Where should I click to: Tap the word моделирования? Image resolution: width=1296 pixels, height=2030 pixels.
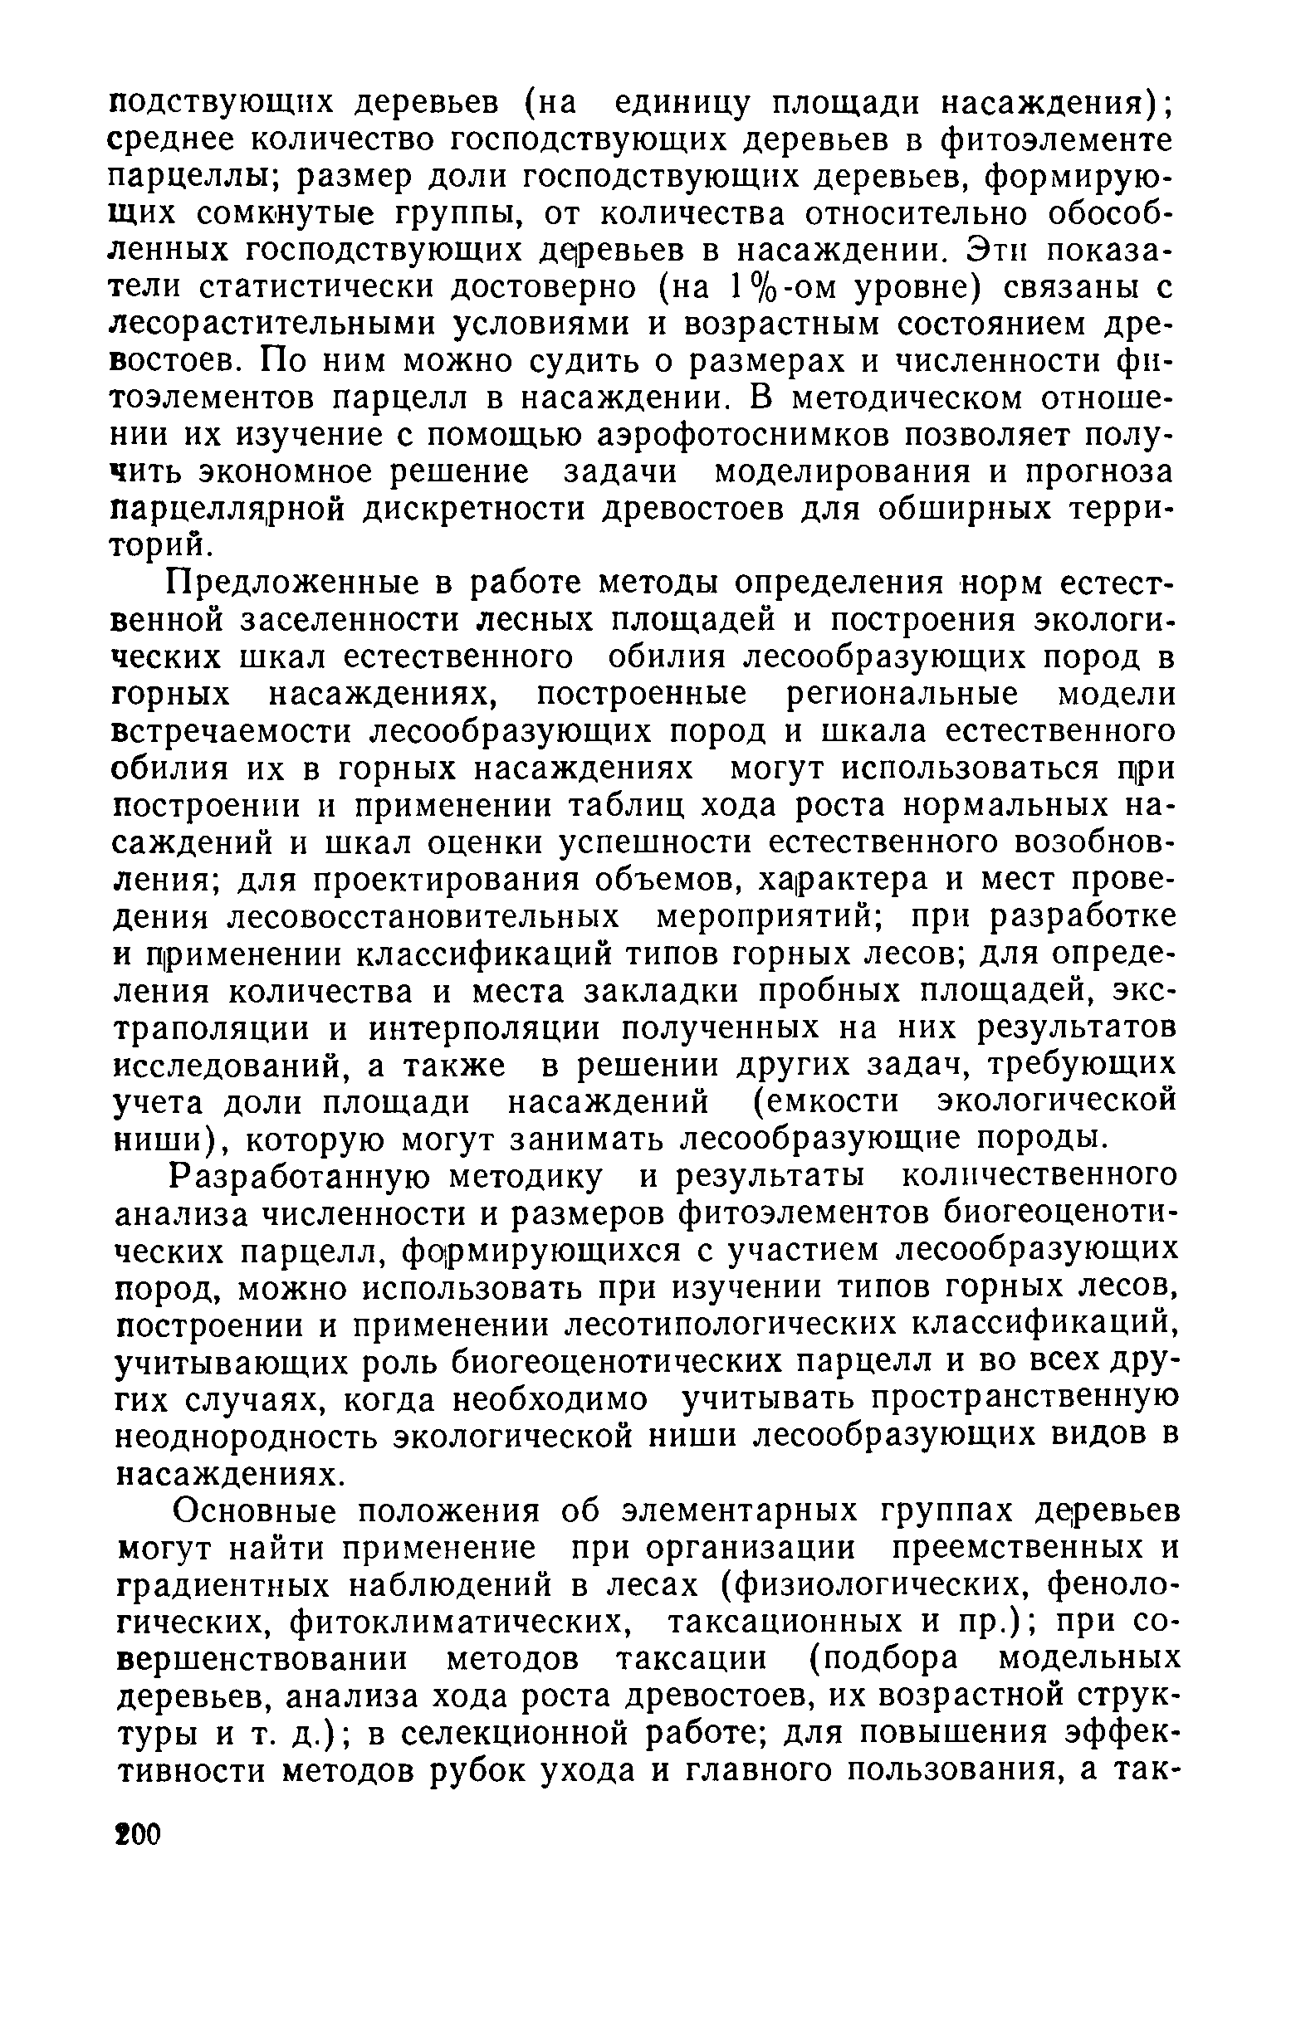point(843,472)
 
